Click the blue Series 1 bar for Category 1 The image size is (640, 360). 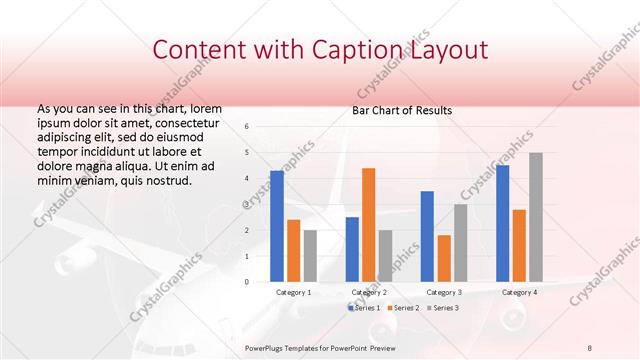[x=277, y=226]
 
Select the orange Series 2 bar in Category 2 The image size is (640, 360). [x=368, y=225]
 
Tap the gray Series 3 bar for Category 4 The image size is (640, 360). [x=536, y=217]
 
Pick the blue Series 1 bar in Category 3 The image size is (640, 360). [x=427, y=236]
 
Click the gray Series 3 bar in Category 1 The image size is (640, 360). [x=310, y=256]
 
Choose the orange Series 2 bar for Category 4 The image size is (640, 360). [x=519, y=245]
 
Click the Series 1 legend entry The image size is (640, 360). [x=364, y=307]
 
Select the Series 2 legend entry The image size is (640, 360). [x=403, y=307]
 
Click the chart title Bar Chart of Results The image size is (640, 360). [x=402, y=110]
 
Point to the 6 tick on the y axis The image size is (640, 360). [x=247, y=127]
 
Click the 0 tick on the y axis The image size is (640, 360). [x=247, y=282]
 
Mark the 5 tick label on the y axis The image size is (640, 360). [x=247, y=153]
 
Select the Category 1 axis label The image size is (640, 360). [x=294, y=292]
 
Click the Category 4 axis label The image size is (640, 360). [x=519, y=292]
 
